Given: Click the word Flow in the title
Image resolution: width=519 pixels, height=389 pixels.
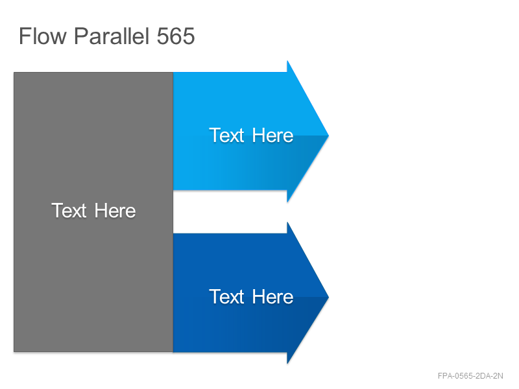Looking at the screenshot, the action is pos(43,36).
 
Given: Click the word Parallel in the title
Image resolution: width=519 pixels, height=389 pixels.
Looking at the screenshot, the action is pos(111,36).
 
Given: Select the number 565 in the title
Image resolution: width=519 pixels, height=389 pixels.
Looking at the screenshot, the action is pos(176,36).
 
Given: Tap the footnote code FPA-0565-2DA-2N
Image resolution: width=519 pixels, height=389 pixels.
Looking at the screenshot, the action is pos(470,376).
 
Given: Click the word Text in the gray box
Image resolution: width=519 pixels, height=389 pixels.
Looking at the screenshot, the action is pos(69,210).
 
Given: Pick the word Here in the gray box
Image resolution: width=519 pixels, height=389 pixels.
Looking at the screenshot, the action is pos(115,211).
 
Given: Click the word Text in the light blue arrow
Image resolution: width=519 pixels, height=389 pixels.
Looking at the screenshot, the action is pos(226,136).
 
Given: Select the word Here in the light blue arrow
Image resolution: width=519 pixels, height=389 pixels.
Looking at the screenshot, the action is pos(272,136).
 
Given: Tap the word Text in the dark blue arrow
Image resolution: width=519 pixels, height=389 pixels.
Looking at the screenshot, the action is pos(226,296).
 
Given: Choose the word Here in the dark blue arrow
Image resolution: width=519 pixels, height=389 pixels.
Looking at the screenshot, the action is pos(272,296).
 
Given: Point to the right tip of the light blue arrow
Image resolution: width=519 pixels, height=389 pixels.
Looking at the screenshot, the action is pos(329,136).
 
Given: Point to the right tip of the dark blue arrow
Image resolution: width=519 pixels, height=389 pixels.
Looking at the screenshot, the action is pos(329,297).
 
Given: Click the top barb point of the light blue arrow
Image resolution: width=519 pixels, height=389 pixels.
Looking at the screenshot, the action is pos(287,61).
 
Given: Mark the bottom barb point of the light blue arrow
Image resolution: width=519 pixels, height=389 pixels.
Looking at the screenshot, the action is pos(287,202).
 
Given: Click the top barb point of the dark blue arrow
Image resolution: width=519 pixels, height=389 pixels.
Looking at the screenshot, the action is pos(287,222).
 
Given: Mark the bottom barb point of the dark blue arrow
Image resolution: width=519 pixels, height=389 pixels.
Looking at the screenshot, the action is pos(287,364).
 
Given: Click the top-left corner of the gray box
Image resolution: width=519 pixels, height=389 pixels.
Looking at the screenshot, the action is pos(14,73).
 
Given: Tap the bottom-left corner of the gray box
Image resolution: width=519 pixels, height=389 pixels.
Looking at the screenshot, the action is pos(14,351).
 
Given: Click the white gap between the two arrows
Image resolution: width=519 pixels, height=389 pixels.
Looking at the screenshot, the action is pos(230,212).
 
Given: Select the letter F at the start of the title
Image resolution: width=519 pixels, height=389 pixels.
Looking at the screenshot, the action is pos(24,36).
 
